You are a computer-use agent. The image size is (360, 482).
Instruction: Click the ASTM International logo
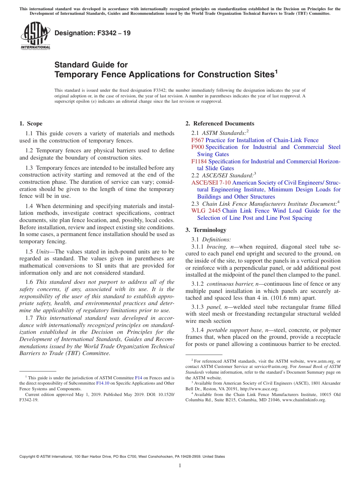[35, 36]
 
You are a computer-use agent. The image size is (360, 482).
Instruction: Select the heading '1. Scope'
[31, 124]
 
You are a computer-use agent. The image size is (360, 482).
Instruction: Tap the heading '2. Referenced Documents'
[220, 124]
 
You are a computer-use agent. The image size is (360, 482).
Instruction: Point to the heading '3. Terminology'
[206, 230]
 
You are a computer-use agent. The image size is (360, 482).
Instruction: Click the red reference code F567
[197, 140]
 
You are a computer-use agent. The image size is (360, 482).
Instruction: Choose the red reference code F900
[197, 147]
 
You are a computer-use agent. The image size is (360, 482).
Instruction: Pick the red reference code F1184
[199, 161]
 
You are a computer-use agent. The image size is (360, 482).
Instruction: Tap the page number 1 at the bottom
[180, 466]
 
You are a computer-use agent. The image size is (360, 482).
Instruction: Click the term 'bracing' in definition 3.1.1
[216, 247]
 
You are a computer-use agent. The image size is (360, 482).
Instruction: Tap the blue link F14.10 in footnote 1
[102, 383]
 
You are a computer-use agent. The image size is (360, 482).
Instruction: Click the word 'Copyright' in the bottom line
[28, 457]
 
